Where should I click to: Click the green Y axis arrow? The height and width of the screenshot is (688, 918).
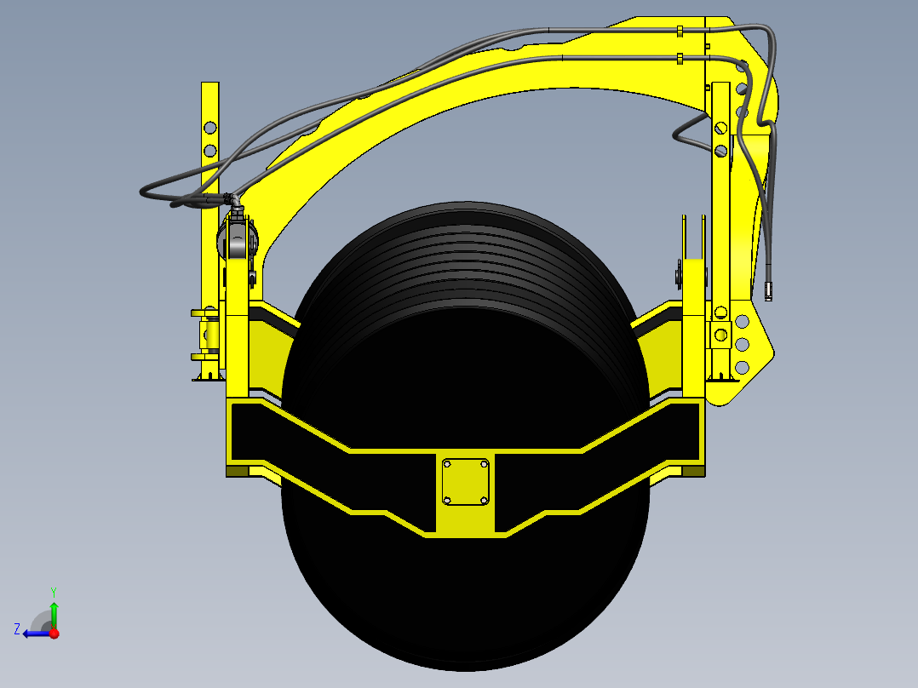click(54, 611)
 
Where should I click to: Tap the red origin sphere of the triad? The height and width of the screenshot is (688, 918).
click(54, 634)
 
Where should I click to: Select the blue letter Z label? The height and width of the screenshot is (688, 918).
click(17, 629)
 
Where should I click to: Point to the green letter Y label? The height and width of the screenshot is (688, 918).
click(53, 590)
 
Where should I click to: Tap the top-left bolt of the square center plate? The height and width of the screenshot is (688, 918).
click(447, 464)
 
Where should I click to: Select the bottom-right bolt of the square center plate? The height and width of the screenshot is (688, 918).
click(484, 500)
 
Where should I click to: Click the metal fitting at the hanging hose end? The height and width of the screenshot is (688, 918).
click(768, 291)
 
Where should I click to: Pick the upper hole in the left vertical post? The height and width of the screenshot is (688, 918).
click(209, 128)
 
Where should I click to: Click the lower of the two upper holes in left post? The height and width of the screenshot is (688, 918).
click(209, 151)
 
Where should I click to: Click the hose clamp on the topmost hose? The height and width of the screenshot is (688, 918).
click(680, 32)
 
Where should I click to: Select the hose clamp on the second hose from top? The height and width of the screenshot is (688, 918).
click(680, 59)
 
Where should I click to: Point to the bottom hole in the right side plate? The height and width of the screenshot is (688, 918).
click(742, 367)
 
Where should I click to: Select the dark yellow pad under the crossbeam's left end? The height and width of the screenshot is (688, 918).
click(238, 471)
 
